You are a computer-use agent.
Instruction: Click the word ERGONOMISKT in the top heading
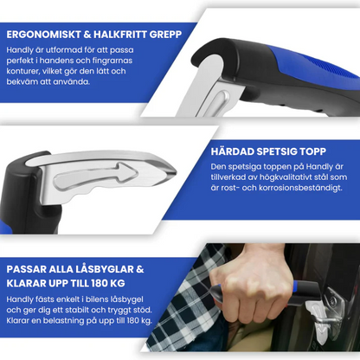pos(44,34)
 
